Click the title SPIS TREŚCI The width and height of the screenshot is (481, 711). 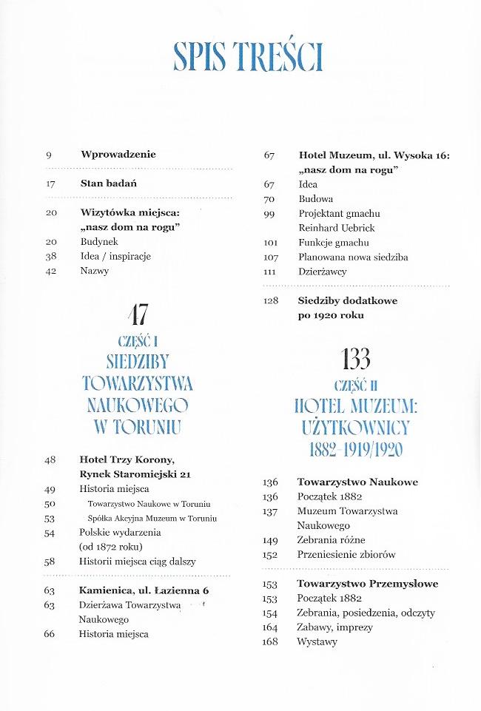tap(247, 55)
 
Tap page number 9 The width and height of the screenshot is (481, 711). tap(48, 155)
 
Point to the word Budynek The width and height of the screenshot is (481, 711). tap(99, 241)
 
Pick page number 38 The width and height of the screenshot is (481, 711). tap(50, 256)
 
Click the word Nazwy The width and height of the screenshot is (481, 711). tap(95, 271)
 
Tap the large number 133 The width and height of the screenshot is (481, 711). tap(356, 360)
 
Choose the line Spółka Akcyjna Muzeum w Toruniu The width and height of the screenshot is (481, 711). tap(151, 518)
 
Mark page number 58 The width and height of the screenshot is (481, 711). tap(50, 562)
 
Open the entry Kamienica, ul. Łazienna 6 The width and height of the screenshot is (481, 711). tap(144, 590)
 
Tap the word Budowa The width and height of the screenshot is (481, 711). tap(316, 199)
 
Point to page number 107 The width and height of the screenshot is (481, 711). tap(269, 257)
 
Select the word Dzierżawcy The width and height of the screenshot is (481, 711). tap(323, 272)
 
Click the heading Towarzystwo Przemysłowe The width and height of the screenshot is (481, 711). tap(367, 584)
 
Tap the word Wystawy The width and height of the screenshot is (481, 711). tap(317, 642)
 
